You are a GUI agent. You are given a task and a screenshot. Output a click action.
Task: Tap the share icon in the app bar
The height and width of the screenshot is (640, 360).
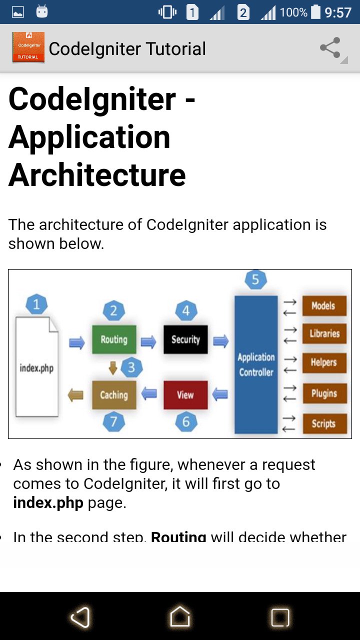coord(330,47)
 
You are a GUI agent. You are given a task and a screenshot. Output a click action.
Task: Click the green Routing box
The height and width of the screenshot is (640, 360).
coord(114,339)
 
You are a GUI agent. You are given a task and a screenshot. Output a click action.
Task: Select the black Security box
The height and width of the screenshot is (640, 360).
coord(185,339)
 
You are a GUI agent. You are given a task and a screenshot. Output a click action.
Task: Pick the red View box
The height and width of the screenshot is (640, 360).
coord(185,395)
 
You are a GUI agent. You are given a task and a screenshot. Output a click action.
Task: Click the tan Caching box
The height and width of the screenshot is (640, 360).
coord(114,395)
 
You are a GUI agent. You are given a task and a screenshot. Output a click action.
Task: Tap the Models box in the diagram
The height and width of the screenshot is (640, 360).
coord(324,305)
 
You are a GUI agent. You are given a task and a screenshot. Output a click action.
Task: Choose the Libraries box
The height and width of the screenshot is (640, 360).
coord(324,333)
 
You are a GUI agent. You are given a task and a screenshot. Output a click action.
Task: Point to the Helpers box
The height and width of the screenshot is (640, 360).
coord(324,363)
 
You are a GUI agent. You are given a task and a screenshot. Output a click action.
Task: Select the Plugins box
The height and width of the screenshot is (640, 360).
coord(325,393)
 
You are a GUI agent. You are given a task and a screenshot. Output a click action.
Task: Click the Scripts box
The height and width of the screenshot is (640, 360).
coord(325,423)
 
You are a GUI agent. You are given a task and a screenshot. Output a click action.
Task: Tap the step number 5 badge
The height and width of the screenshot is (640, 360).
coord(255,279)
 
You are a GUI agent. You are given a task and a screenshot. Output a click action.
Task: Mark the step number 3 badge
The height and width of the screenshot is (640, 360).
coord(131,367)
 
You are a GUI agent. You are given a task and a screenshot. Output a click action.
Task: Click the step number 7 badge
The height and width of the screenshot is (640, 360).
coord(113,421)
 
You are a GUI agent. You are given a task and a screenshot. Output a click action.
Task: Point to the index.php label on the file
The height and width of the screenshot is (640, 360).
coord(36,368)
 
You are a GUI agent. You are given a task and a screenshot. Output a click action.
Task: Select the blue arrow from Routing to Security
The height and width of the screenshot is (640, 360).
coord(148,341)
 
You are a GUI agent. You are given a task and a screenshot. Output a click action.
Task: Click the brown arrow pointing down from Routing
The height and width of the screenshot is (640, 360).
coord(113,367)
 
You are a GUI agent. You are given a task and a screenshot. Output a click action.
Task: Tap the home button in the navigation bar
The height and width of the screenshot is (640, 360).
coord(180,616)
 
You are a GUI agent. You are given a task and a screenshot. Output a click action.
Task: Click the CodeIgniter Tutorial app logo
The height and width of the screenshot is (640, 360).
coord(28,47)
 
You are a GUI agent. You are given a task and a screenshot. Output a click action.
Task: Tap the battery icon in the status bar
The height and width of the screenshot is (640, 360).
coord(315,12)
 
